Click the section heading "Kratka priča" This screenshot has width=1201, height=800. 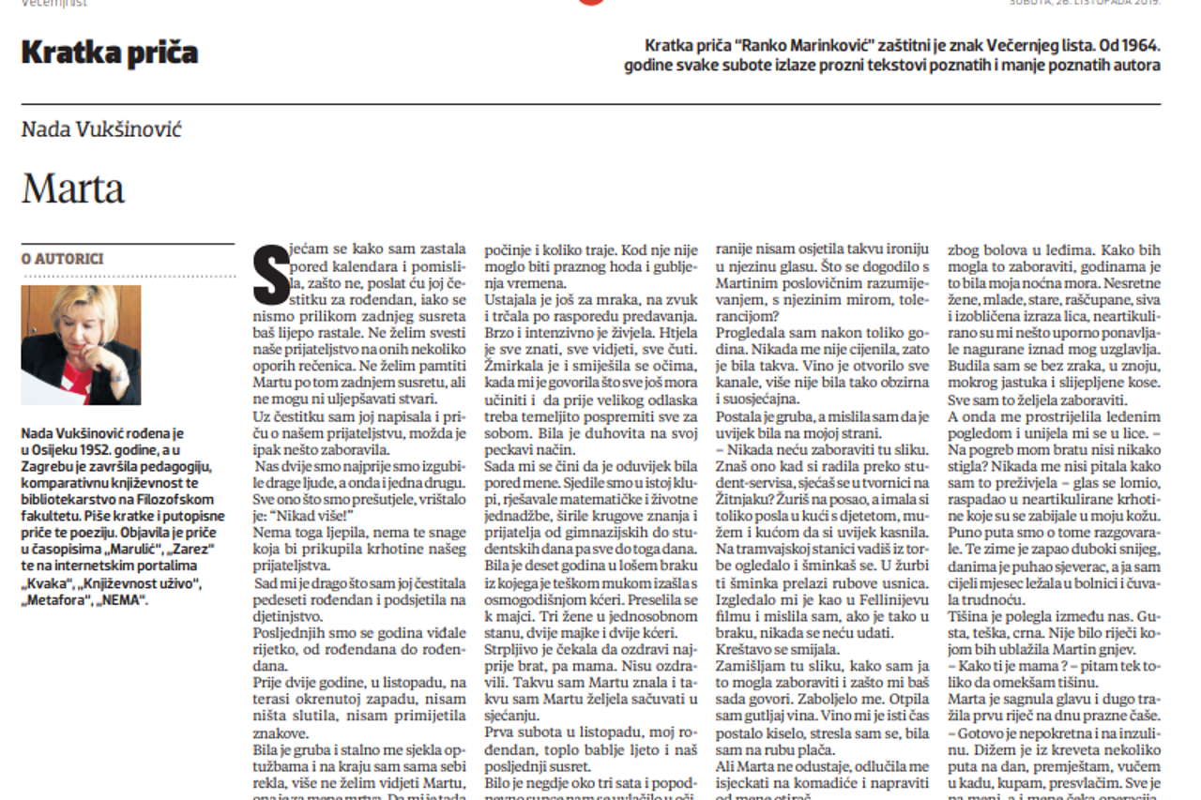point(110,53)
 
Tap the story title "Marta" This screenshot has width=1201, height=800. point(73,189)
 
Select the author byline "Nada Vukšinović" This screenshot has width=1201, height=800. point(101,129)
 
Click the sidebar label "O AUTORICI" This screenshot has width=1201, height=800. point(63,259)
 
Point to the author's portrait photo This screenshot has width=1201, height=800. point(81,344)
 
